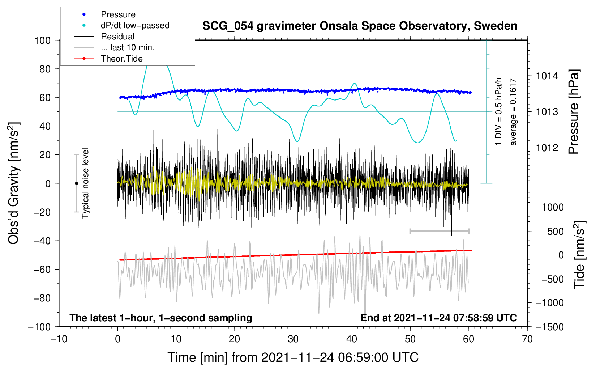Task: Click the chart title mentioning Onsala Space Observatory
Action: click(x=360, y=26)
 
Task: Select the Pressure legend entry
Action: click(x=118, y=14)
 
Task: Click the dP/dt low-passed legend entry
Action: click(x=135, y=25)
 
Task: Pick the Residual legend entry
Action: click(x=117, y=37)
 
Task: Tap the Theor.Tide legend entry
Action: click(x=122, y=59)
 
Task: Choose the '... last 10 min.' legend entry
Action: click(x=128, y=47)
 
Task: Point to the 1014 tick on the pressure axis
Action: click(x=547, y=76)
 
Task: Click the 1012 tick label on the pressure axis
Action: click(x=547, y=148)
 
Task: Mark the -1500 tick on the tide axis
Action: click(x=549, y=327)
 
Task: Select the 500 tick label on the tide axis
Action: click(x=555, y=231)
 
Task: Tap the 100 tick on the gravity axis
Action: click(x=42, y=40)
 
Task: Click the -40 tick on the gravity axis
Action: click(x=42, y=241)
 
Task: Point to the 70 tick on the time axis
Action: click(x=527, y=339)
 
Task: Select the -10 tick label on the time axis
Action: click(x=59, y=339)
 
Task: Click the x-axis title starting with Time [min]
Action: click(x=293, y=357)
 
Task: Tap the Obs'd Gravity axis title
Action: click(x=14, y=183)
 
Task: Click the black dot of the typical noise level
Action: click(x=76, y=183)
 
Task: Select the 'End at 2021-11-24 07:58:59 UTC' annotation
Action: click(x=438, y=318)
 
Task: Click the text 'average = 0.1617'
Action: click(x=513, y=112)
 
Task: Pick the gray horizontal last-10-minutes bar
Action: click(x=439, y=231)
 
